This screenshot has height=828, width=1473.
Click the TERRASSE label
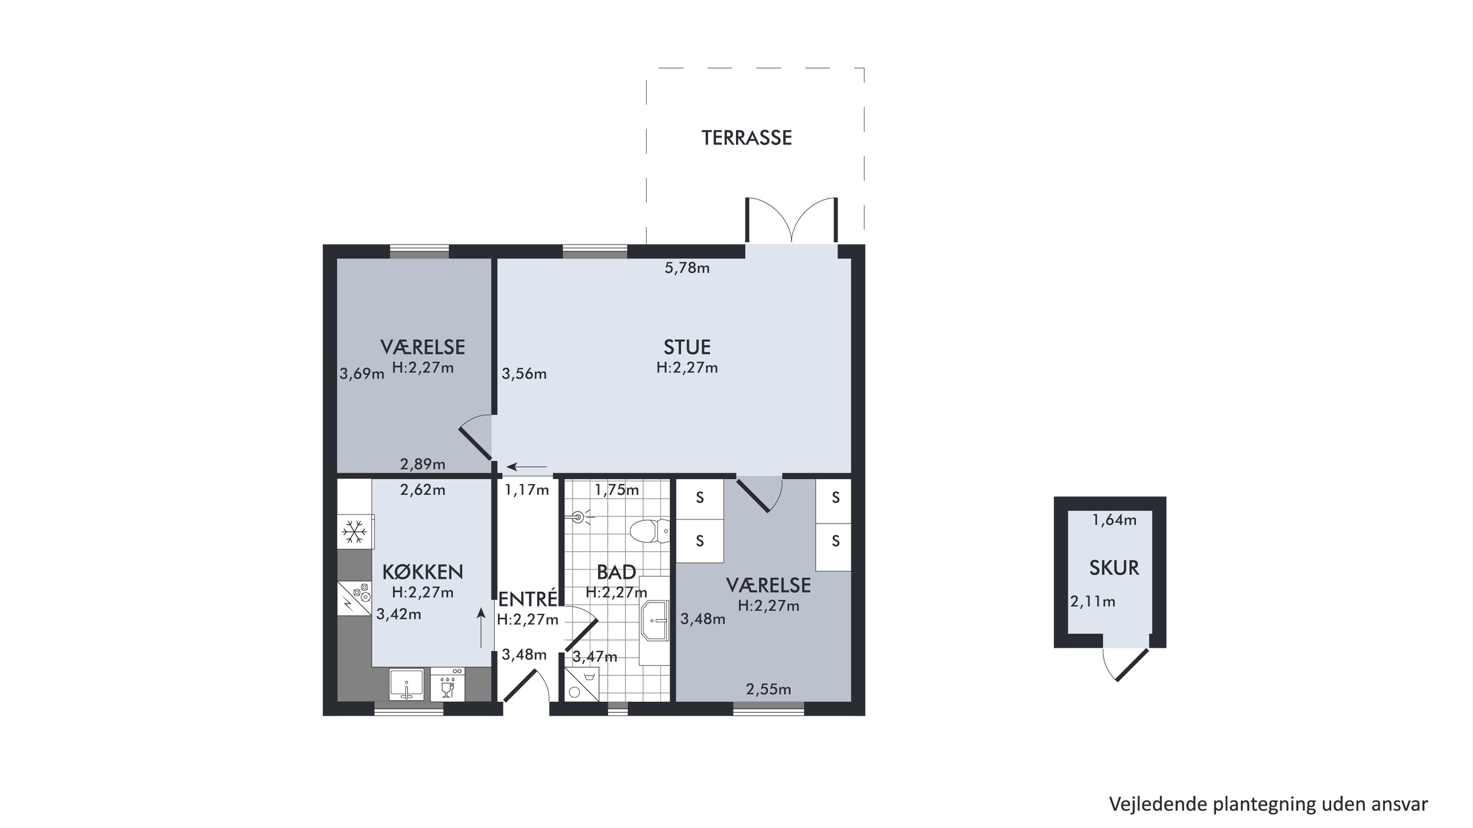[x=746, y=138]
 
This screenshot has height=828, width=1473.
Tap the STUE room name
[x=687, y=347]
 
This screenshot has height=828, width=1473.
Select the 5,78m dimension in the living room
[x=687, y=268]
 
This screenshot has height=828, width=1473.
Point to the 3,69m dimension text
[x=362, y=373]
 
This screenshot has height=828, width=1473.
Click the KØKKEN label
[x=423, y=571]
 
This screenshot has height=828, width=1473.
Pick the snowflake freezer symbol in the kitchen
[x=355, y=532]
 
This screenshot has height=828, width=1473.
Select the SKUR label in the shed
[x=1114, y=568]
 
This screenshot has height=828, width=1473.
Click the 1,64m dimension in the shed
[x=1114, y=520]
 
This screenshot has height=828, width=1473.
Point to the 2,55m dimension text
[x=768, y=689]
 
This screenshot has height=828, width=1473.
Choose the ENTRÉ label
[x=527, y=599]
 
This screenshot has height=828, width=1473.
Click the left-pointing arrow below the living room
[x=527, y=467]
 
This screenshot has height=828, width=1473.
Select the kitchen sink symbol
[x=407, y=684]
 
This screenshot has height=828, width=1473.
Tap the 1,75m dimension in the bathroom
[x=616, y=490]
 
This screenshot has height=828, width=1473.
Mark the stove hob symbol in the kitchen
[x=355, y=599]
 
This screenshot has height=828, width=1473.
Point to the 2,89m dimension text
[x=423, y=464]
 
